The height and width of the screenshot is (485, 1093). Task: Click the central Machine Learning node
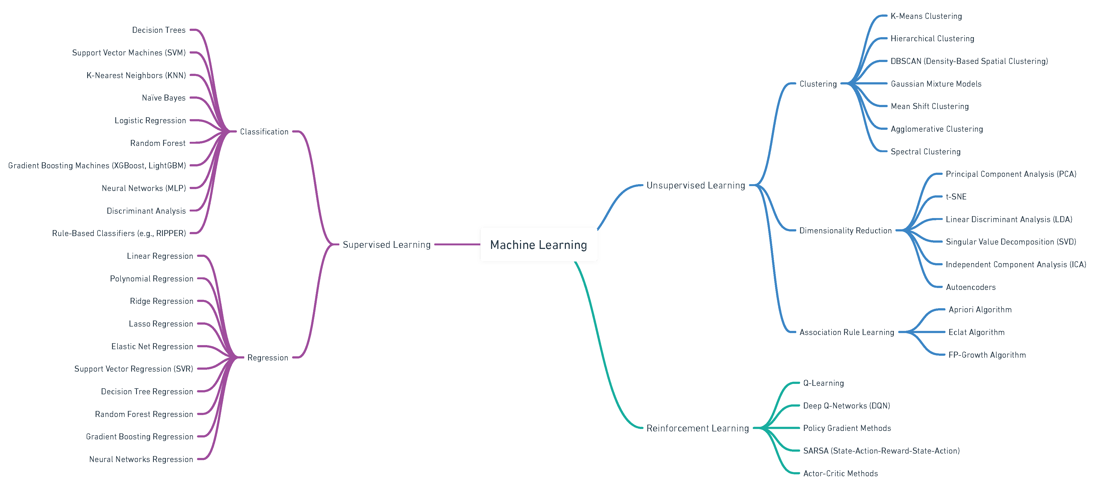pos(538,245)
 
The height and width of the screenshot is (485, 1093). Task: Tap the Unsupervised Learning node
pos(695,186)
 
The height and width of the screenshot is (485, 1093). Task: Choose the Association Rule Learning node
pos(847,332)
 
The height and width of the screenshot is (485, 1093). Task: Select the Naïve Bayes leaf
pos(163,98)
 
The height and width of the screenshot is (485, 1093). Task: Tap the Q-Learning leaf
pos(823,383)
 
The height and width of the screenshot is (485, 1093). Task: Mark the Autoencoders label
pos(970,287)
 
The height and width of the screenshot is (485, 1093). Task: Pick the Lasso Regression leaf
pos(161,324)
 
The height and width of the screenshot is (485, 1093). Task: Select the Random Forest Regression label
pos(144,414)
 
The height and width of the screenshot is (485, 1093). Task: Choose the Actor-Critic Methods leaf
pos(840,474)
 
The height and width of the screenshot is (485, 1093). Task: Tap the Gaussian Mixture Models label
pos(936,84)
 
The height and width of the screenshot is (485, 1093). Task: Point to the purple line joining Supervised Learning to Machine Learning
pos(457,244)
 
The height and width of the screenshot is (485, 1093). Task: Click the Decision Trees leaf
pos(159,30)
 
